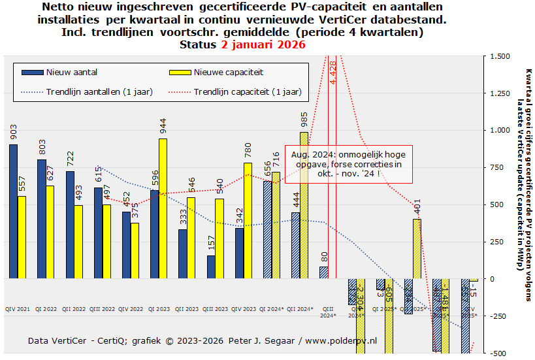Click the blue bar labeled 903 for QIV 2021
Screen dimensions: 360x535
13,211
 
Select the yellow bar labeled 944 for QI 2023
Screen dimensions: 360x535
163,208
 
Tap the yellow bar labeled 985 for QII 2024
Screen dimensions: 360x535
304,205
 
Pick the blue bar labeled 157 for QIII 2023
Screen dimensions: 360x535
210,267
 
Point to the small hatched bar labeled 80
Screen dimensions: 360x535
323,272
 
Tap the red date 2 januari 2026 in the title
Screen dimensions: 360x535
263,45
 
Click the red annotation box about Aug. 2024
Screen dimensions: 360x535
349,164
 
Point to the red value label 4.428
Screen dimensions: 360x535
333,71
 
